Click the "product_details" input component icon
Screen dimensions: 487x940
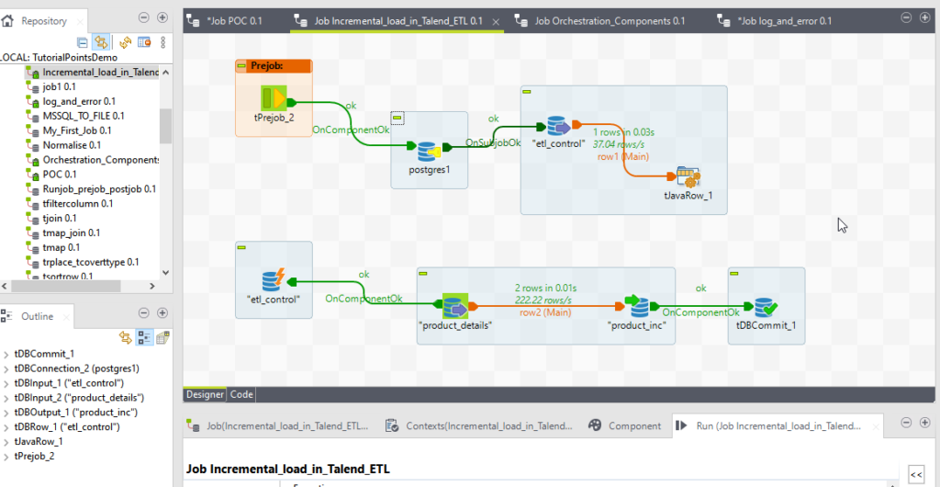(x=455, y=306)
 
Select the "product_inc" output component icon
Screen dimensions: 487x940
(x=637, y=306)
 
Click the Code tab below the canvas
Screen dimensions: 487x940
(x=241, y=394)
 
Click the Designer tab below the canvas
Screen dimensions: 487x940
(x=205, y=394)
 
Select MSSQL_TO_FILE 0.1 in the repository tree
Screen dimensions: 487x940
(x=84, y=116)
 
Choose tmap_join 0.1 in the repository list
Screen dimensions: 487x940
(x=78, y=232)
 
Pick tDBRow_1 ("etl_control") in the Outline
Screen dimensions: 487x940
(x=68, y=426)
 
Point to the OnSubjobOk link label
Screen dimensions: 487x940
(x=493, y=142)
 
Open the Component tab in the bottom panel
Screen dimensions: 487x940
(x=633, y=425)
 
